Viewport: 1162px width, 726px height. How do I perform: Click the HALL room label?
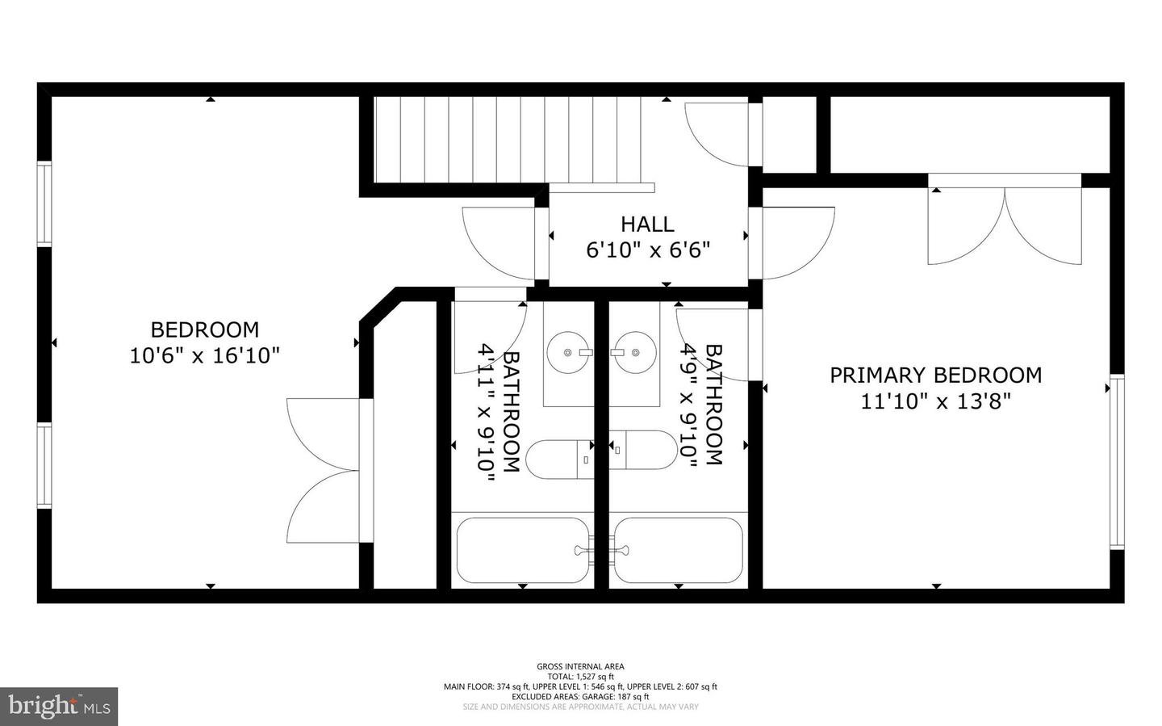(x=647, y=224)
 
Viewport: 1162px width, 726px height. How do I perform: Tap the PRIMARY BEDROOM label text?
(x=935, y=375)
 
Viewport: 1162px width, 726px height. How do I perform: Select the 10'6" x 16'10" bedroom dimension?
(x=204, y=355)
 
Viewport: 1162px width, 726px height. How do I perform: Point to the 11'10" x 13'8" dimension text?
(x=935, y=401)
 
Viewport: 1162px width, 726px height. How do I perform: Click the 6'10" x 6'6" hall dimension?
(x=647, y=250)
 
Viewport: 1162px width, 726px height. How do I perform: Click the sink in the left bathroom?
(x=568, y=353)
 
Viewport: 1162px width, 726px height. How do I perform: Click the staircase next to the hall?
(x=508, y=140)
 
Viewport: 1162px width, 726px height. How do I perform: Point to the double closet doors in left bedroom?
(x=325, y=471)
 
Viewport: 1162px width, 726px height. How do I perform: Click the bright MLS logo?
(x=59, y=706)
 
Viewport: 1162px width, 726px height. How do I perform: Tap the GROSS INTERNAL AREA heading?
(x=580, y=666)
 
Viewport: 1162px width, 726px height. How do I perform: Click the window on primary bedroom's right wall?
(x=1117, y=462)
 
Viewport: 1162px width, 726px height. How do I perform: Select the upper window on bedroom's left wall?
(x=44, y=204)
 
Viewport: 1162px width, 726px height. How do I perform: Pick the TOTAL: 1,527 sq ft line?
(x=580, y=677)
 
